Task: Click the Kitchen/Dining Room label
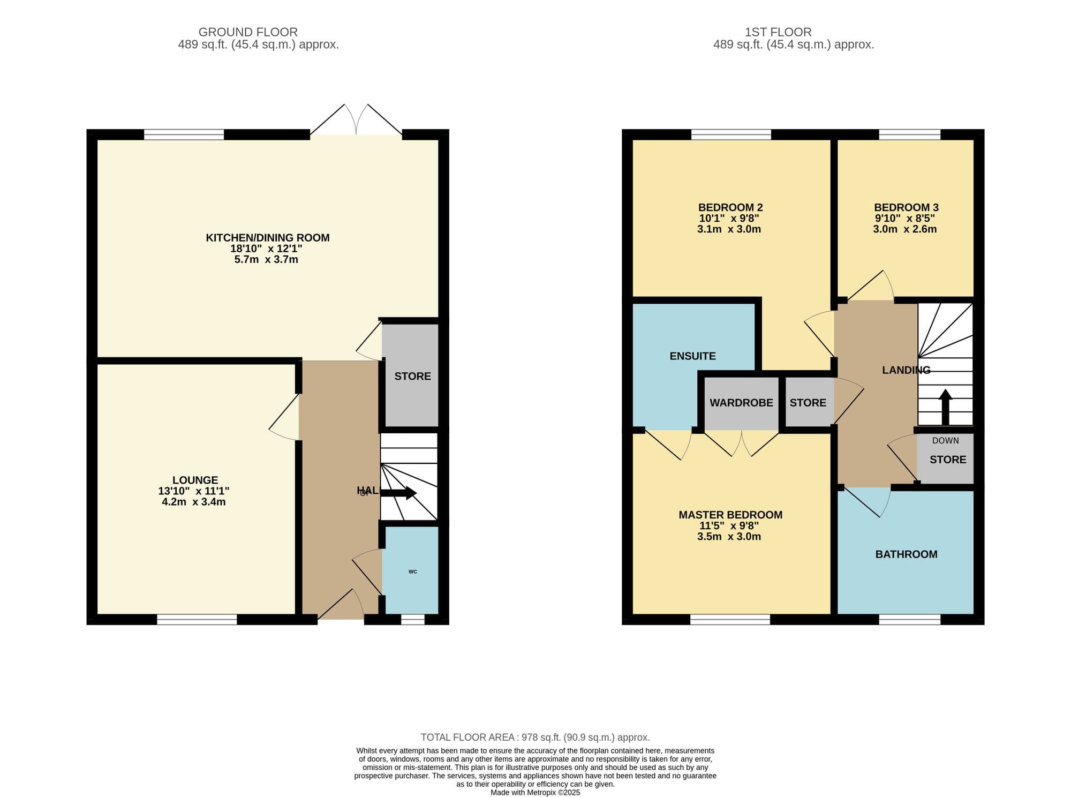pos(268,238)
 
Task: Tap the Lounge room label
pos(195,480)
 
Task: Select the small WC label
pos(413,572)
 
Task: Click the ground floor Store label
pos(412,377)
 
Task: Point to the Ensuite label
pos(692,356)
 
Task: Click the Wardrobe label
pos(741,403)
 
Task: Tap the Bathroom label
pos(906,554)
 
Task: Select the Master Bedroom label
pos(730,515)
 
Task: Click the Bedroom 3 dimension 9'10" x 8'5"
pos(904,219)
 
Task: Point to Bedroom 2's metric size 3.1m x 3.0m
pos(729,229)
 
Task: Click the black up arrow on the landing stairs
pos(945,407)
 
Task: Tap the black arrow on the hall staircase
pos(398,493)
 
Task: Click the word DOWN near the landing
pos(946,441)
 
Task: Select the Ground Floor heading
pos(248,32)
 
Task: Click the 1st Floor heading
pos(778,32)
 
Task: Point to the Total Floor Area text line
pos(535,738)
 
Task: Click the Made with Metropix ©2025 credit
pos(535,793)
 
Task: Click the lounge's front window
pos(197,619)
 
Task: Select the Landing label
pos(906,370)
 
